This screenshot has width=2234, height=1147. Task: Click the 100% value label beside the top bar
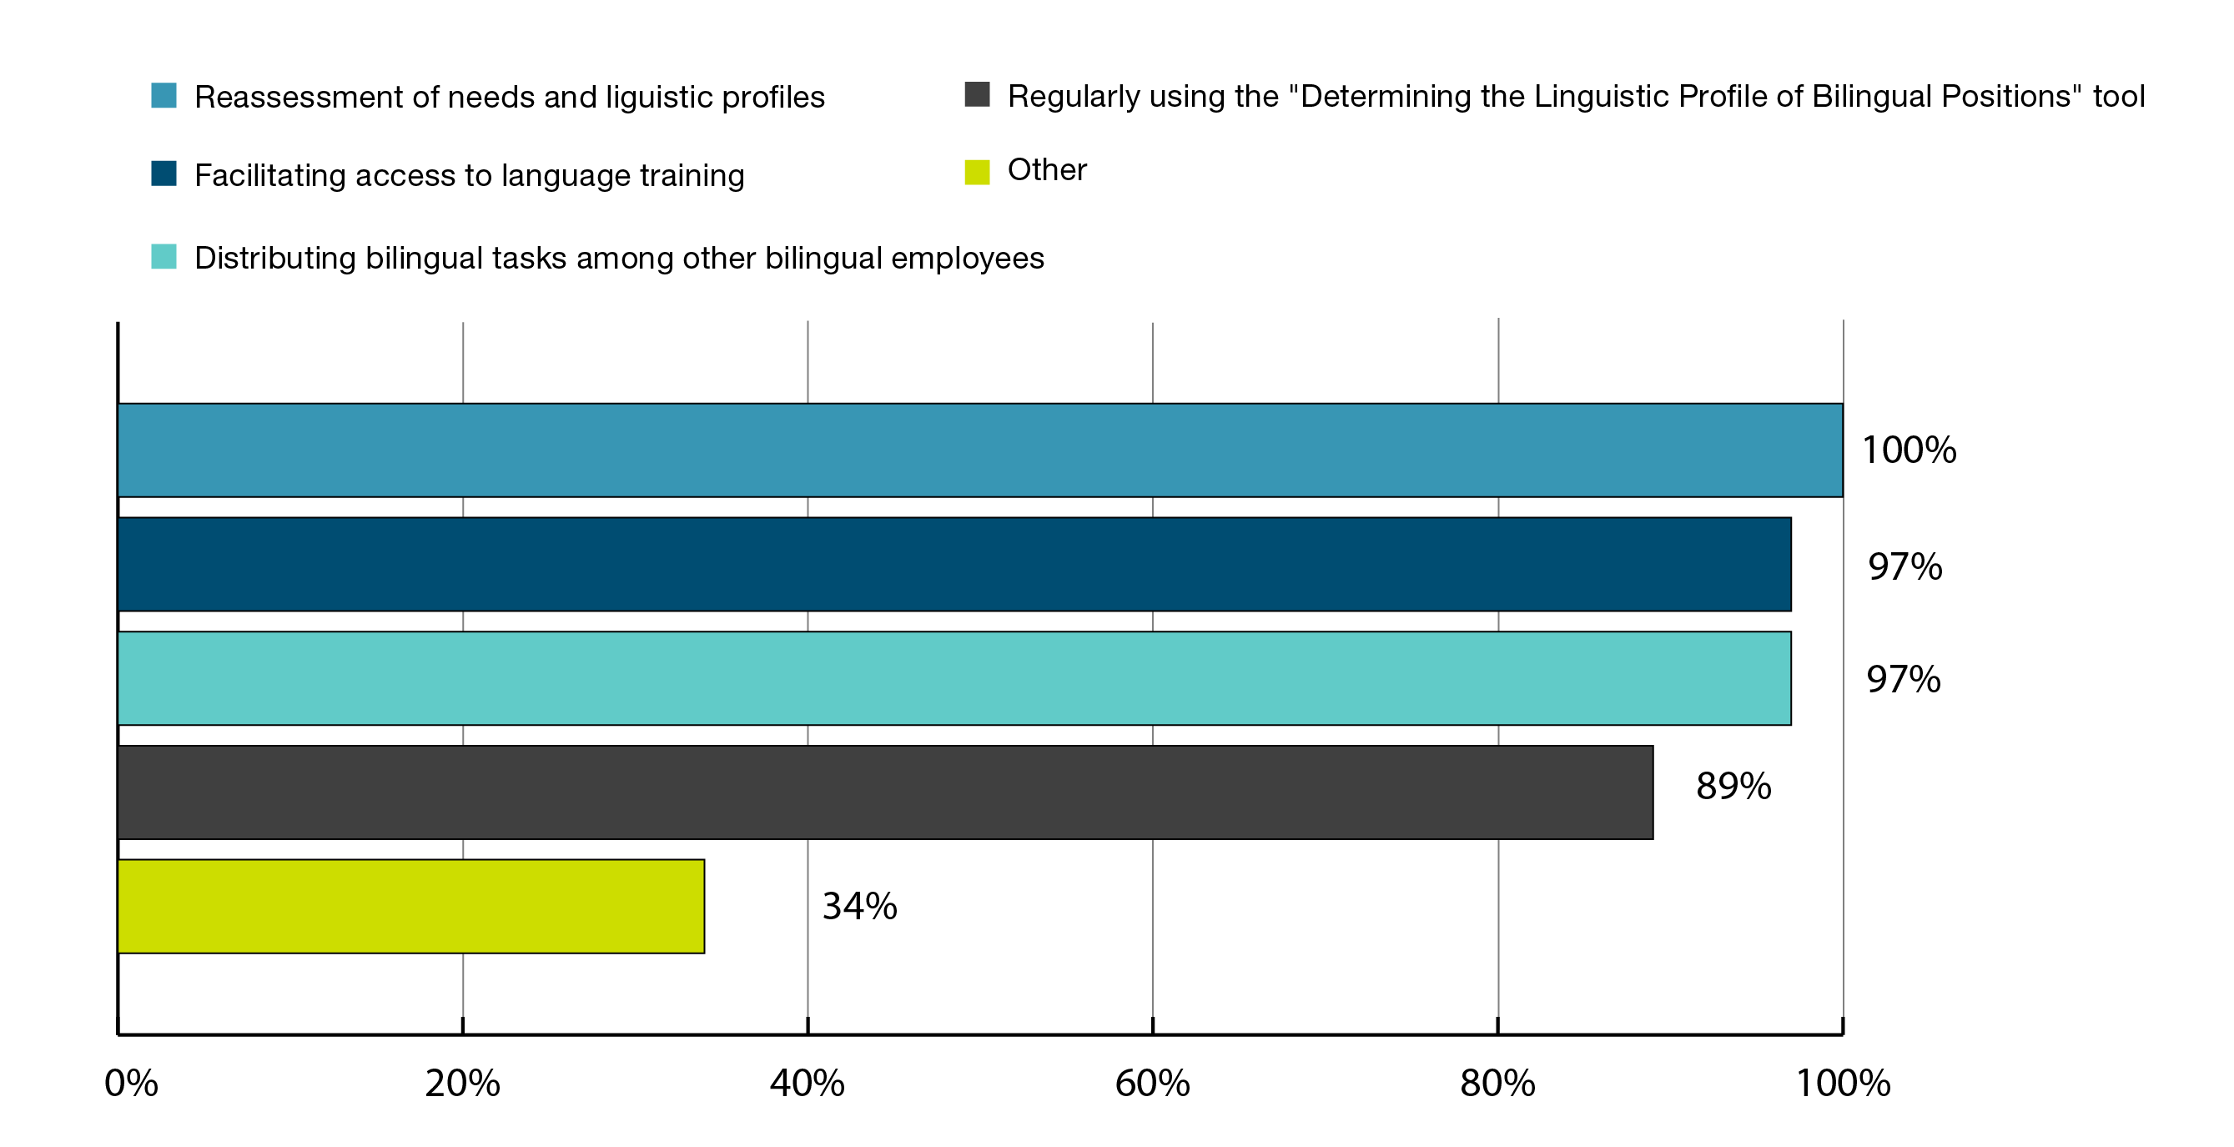(x=1909, y=450)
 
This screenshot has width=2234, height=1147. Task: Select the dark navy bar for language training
(x=954, y=565)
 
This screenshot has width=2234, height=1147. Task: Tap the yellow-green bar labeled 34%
(x=411, y=906)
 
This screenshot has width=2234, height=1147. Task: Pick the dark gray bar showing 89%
(x=884, y=792)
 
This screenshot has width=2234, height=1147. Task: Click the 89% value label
(x=1733, y=787)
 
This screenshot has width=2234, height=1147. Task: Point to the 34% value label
(x=859, y=906)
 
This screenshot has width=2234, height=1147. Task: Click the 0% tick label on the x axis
(x=131, y=1084)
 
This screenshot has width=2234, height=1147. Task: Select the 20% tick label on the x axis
(x=462, y=1084)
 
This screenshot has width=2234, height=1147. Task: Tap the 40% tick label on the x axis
(x=808, y=1084)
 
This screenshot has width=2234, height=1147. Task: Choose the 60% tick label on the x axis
(x=1153, y=1084)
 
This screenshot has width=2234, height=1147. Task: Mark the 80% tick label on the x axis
(x=1497, y=1084)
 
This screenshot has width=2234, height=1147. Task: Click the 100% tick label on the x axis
(x=1843, y=1084)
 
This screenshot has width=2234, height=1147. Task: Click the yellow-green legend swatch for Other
(x=978, y=172)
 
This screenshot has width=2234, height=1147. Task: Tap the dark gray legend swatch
(x=978, y=94)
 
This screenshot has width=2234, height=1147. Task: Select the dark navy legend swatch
(x=164, y=174)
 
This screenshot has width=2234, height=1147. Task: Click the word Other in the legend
(x=1047, y=170)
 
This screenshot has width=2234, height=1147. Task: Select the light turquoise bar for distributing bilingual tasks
(x=954, y=678)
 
